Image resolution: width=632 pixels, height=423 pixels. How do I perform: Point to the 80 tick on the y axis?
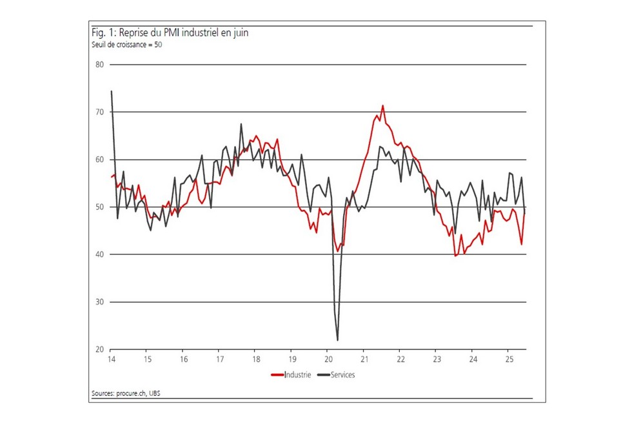(x=99, y=65)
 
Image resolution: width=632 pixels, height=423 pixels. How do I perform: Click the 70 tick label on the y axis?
(x=99, y=112)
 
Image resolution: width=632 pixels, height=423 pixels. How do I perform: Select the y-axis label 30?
(x=99, y=302)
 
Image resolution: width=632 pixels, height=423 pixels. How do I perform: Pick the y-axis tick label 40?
(x=99, y=254)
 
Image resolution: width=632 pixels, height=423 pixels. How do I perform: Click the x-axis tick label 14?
(x=112, y=359)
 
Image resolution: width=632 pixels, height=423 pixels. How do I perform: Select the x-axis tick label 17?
(x=220, y=359)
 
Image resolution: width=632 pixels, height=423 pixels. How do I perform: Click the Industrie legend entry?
(x=294, y=375)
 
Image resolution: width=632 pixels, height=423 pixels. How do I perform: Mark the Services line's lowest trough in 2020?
(x=337, y=340)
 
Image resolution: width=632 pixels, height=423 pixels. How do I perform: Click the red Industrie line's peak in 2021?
(x=382, y=105)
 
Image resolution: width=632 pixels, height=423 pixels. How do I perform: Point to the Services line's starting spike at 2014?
(x=112, y=91)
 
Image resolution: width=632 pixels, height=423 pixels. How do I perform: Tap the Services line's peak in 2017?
(x=241, y=124)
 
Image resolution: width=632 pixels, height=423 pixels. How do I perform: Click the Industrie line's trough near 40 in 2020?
(x=337, y=252)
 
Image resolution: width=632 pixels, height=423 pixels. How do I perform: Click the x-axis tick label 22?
(x=400, y=359)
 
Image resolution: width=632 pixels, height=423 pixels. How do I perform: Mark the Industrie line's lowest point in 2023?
(x=455, y=256)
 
